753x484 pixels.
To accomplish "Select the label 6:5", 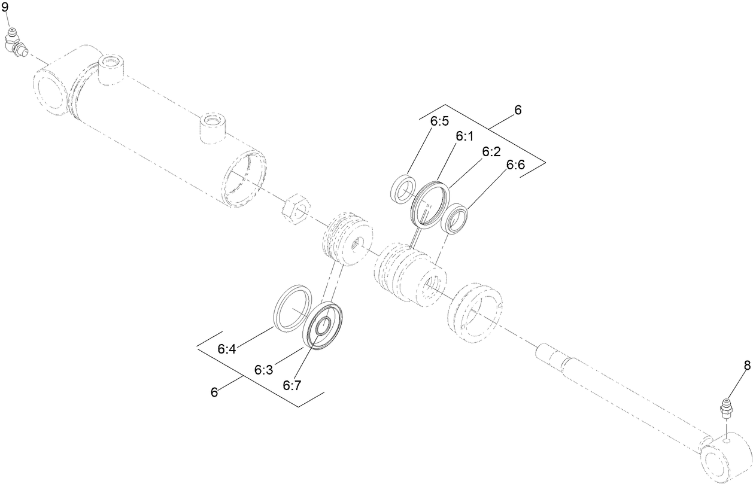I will tap(439, 121).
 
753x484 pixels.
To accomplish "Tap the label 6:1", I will tap(464, 137).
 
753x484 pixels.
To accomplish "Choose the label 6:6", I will tap(515, 165).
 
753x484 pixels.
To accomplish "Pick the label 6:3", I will tap(264, 370).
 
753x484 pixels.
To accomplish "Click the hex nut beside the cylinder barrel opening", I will tap(294, 209).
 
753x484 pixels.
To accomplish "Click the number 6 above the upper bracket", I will tap(518, 109).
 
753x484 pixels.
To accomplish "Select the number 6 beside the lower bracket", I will tap(214, 392).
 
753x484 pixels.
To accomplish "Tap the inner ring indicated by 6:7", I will tap(324, 327).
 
